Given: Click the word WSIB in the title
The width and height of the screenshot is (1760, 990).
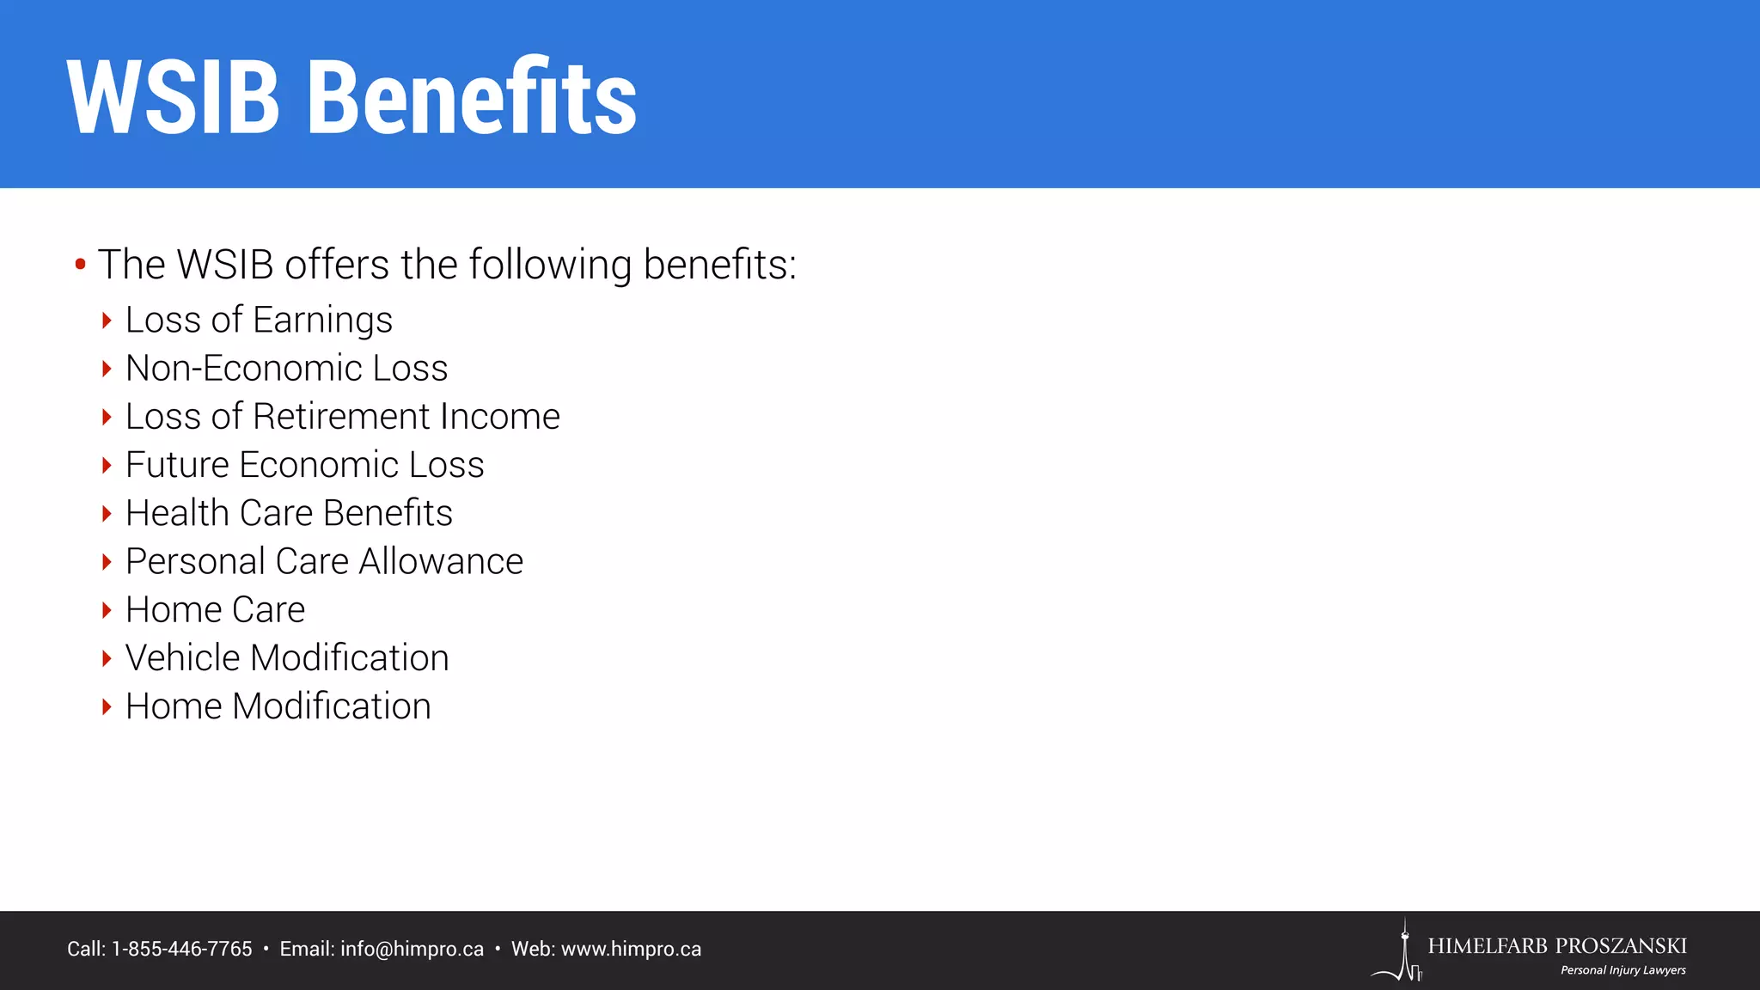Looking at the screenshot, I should point(173,98).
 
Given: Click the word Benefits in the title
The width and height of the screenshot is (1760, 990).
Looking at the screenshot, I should point(472,98).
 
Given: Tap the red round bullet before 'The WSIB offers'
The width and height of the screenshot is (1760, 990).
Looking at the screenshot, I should point(80,264).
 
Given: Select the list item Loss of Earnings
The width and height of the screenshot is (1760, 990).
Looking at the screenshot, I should point(259,320).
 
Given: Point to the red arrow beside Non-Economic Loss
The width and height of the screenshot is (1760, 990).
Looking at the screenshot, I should point(107,369).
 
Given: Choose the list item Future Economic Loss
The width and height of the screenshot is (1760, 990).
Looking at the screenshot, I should point(304,465).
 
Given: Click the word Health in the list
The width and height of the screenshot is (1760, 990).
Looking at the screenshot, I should point(177,513).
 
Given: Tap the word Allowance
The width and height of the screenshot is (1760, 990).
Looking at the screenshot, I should point(441,562).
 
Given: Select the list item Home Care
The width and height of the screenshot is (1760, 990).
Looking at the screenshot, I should point(215,610).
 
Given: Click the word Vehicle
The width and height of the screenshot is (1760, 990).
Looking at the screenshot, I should point(183,658).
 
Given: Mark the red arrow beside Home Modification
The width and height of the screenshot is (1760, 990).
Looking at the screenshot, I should point(107,707).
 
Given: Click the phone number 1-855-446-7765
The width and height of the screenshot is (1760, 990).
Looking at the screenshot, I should point(182,949).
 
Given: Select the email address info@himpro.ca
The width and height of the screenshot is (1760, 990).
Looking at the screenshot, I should point(412,949).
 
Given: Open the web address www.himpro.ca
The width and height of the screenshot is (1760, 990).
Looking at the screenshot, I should point(631,949).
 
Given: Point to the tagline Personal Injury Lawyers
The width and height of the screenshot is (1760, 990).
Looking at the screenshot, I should point(1622,970).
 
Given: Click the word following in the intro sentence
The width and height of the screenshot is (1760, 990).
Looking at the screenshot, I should point(550,265).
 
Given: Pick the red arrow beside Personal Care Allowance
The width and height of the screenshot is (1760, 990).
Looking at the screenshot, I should point(107,562).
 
